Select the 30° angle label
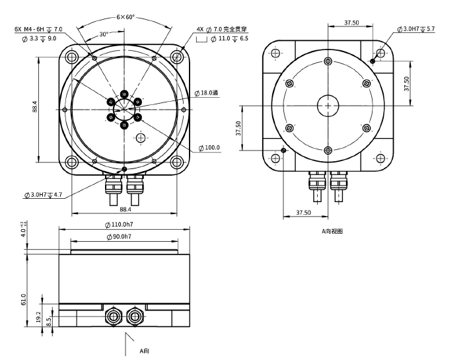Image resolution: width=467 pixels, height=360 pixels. coord(104,34)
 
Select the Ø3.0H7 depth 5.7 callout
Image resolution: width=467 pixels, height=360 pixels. coord(416,29)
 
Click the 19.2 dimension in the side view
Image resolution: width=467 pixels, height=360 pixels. coord(39,317)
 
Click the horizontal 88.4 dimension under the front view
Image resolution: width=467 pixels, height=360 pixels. coord(125,209)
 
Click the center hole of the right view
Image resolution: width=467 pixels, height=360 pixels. coord(328,104)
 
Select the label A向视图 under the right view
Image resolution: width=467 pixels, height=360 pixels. coord(332,231)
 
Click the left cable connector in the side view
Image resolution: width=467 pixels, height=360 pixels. coord(114,316)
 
